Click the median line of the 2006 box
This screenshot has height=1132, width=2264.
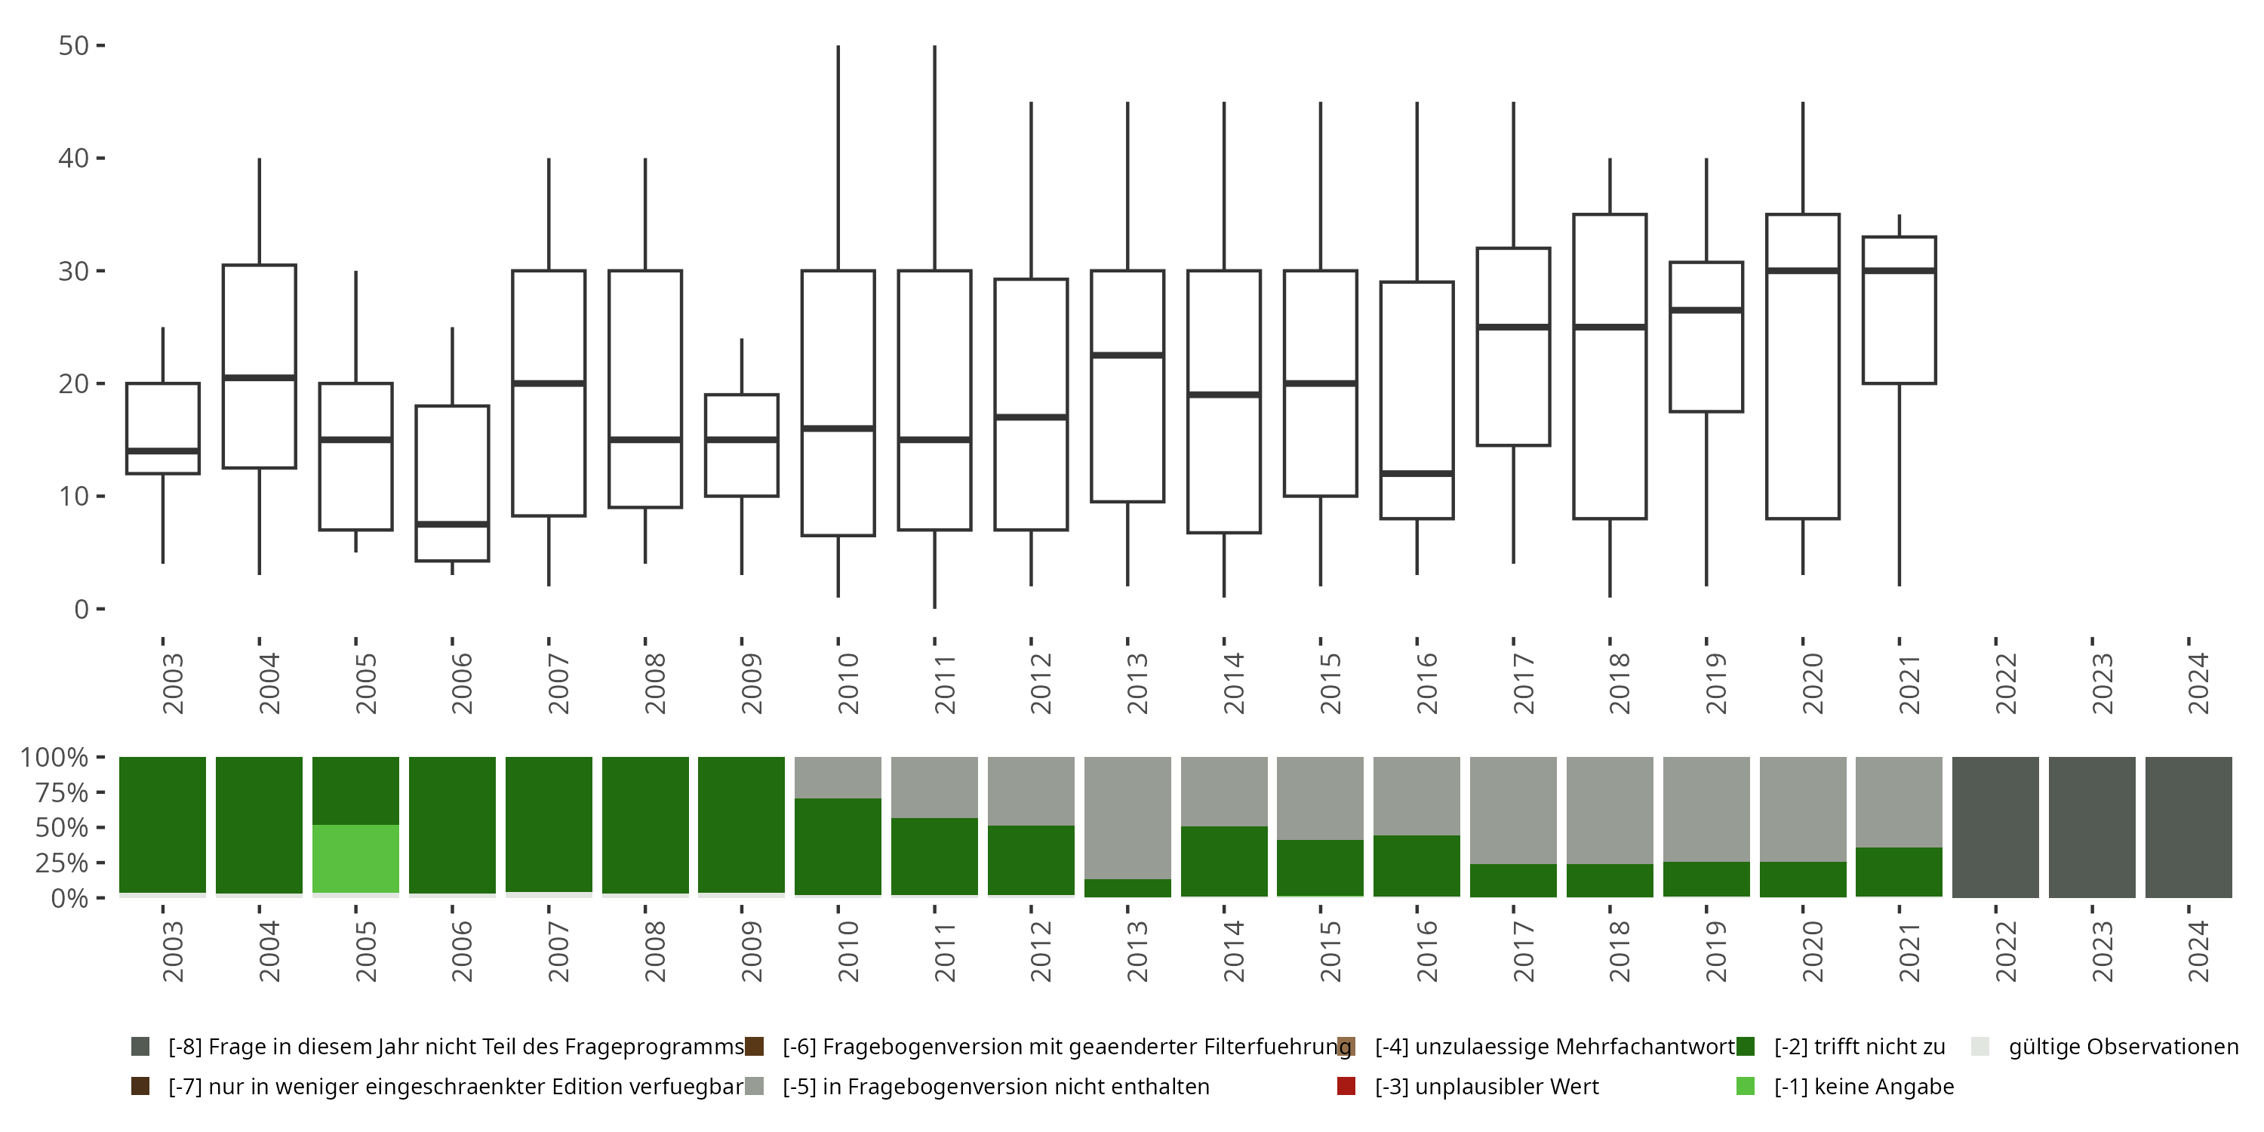(x=453, y=524)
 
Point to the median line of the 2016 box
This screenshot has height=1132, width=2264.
(x=1417, y=474)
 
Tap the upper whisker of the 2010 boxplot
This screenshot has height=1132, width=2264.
(x=838, y=158)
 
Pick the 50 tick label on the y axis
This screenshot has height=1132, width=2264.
(x=74, y=46)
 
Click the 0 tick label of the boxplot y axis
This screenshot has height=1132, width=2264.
(x=82, y=609)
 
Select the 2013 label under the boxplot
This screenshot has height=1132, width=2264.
(x=1137, y=684)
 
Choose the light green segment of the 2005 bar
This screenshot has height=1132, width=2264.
(x=356, y=859)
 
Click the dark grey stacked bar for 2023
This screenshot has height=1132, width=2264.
(x=2092, y=827)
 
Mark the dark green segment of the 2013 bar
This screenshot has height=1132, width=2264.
(x=1127, y=887)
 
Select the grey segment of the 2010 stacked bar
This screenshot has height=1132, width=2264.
(x=838, y=777)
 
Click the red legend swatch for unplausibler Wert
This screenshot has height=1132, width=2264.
(x=1346, y=1086)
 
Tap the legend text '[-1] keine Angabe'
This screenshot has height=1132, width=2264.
(x=1864, y=1086)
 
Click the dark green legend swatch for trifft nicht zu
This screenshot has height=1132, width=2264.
(x=1746, y=1047)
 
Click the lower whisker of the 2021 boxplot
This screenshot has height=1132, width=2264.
(x=1899, y=484)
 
